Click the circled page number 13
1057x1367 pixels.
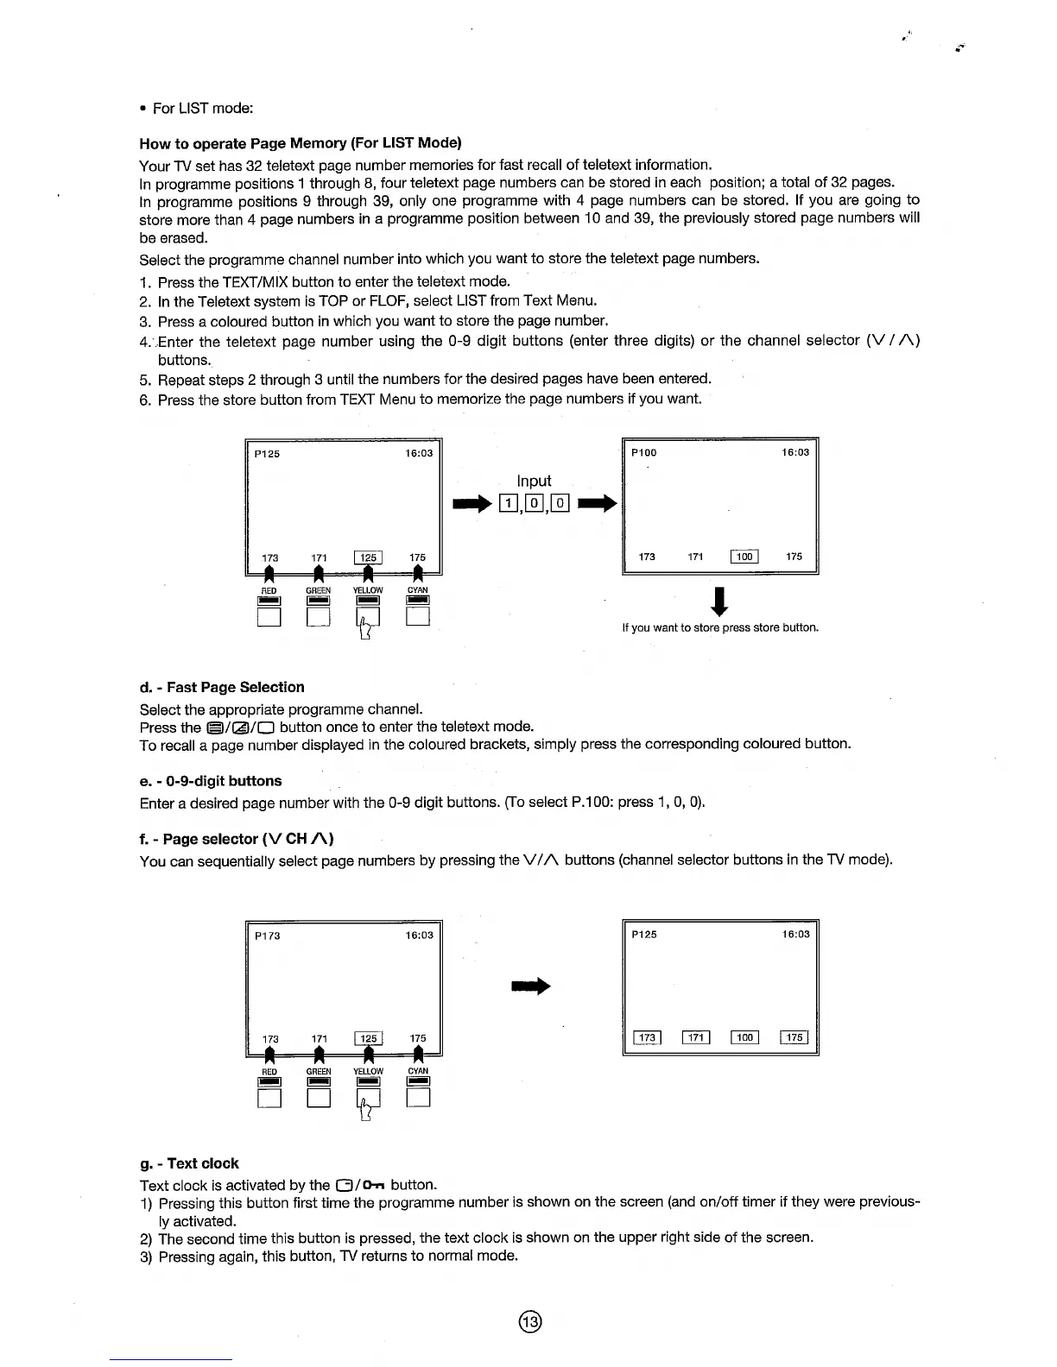(529, 1321)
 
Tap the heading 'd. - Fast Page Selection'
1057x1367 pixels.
(222, 687)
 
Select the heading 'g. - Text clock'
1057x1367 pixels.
(189, 1162)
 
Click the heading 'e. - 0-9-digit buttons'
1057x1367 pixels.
(211, 781)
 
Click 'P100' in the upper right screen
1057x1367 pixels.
(643, 452)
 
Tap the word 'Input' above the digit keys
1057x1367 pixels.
(534, 481)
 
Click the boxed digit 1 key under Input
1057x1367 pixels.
(509, 503)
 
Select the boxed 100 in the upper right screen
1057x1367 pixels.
(744, 557)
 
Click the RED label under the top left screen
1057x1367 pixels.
(269, 591)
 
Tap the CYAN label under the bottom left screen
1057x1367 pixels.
(418, 1071)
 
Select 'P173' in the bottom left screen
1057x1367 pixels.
(267, 935)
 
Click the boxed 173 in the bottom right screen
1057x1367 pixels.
(647, 1037)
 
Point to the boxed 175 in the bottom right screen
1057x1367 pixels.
(794, 1037)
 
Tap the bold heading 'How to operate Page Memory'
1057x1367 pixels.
(301, 142)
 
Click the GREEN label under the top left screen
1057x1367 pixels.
(319, 591)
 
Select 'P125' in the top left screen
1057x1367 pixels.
(267, 454)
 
